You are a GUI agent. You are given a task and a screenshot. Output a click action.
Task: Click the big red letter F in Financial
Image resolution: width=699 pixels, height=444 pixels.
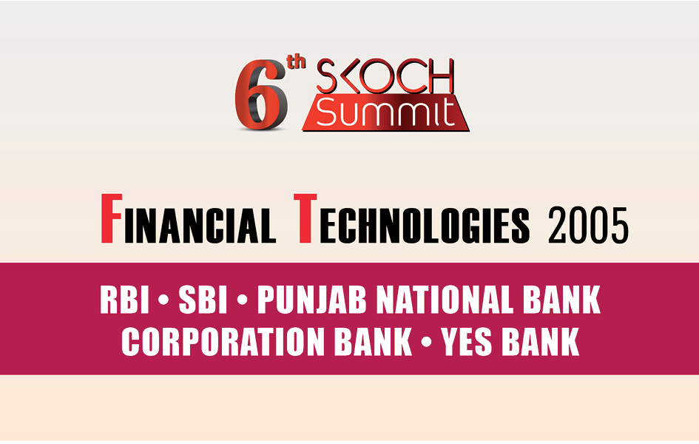(111, 219)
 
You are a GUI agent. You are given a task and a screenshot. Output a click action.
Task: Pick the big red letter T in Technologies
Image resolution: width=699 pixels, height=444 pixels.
(305, 219)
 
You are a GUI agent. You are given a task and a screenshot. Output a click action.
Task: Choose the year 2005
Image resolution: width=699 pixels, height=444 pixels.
(588, 225)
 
